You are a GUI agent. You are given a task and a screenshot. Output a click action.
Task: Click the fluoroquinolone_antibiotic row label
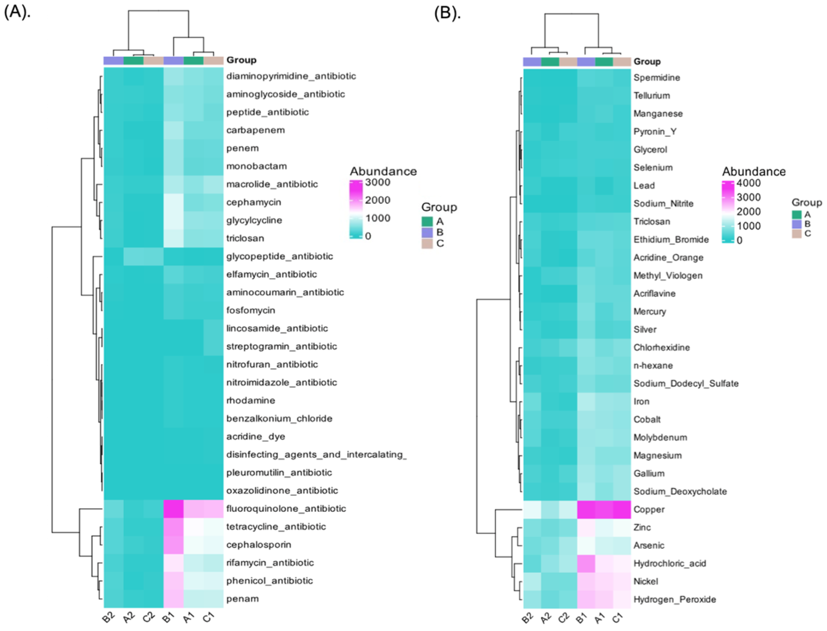tap(286, 508)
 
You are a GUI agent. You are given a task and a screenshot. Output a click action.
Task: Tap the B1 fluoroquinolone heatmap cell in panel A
tap(173, 508)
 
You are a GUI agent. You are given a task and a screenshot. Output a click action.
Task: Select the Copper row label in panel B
tap(649, 509)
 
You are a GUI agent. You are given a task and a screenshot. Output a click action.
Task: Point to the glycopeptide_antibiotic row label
tap(279, 256)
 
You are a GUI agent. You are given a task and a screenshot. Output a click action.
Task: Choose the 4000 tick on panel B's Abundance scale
tap(748, 183)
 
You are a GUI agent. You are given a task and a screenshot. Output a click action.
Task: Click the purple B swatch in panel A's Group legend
tap(427, 232)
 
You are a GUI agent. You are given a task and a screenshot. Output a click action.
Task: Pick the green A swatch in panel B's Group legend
tap(796, 214)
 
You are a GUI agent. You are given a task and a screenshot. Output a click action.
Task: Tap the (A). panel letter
tap(17, 12)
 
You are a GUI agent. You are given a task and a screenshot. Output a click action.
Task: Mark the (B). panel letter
tap(447, 13)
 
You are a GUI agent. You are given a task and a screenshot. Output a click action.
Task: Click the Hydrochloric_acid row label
tap(669, 563)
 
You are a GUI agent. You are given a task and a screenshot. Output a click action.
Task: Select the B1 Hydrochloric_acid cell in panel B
tap(586, 563)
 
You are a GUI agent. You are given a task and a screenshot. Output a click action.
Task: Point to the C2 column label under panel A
tap(149, 617)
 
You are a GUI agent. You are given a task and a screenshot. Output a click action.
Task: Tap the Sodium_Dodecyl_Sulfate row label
tap(686, 383)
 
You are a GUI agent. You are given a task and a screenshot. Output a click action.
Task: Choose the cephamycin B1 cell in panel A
tap(173, 202)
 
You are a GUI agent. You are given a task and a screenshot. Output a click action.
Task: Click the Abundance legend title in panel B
tap(753, 172)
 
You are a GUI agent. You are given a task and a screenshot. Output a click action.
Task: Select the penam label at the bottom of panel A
tap(242, 599)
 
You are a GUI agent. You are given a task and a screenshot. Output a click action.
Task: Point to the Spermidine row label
tap(657, 78)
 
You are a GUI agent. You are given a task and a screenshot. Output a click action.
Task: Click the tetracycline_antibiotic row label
tap(276, 527)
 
